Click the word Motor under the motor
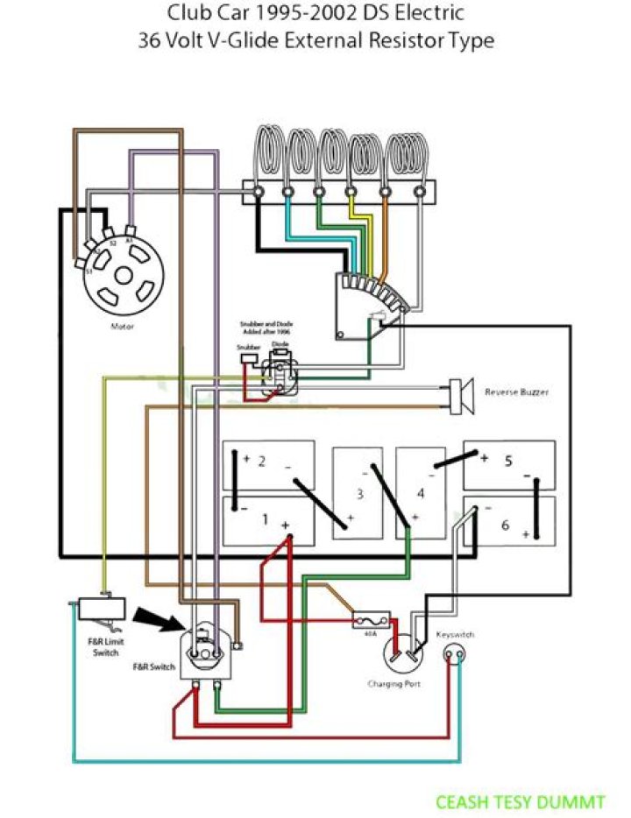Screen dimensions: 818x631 tap(122, 326)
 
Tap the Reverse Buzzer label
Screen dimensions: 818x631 tap(517, 392)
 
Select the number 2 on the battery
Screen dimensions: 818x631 tap(261, 462)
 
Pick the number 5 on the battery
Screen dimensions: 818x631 tap(507, 459)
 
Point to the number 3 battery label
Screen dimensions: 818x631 tap(359, 494)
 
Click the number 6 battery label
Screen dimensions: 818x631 tap(505, 525)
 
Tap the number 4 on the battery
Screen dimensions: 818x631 tap(421, 493)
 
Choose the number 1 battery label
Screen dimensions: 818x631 tap(265, 519)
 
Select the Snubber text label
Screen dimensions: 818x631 tap(249, 347)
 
